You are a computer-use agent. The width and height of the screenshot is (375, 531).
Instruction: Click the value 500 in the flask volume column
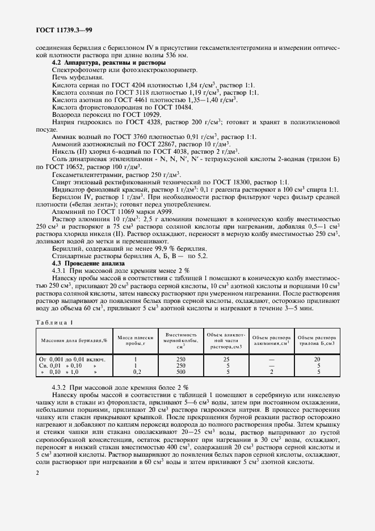181,372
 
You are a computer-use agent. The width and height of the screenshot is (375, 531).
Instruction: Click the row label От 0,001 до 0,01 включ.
68,359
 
